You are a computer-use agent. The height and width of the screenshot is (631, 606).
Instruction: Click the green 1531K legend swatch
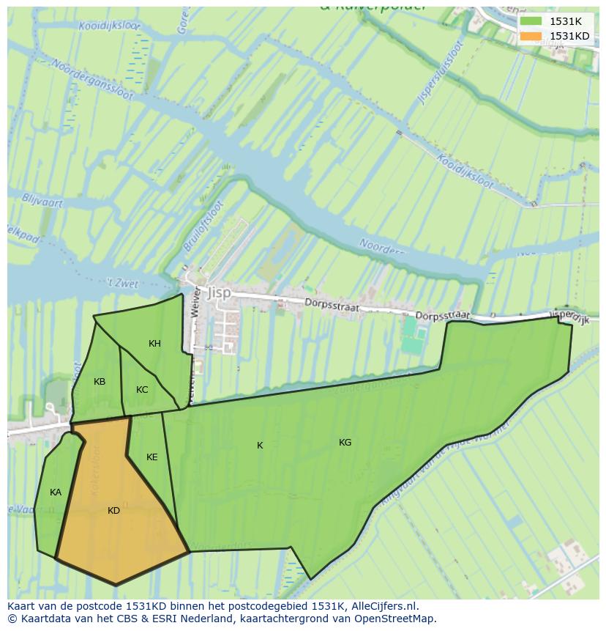[531, 21]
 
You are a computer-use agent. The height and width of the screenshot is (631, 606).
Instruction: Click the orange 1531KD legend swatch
[531, 36]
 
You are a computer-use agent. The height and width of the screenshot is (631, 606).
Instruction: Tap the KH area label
[154, 344]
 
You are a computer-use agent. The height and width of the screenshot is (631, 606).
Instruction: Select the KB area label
[100, 382]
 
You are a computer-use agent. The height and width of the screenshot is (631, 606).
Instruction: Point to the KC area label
[142, 390]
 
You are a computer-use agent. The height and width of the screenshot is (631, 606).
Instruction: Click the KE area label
[151, 457]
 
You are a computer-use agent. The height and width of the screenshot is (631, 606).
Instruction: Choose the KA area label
[56, 492]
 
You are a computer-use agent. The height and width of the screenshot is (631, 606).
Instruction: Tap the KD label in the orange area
[113, 511]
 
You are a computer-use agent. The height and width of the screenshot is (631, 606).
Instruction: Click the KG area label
[345, 443]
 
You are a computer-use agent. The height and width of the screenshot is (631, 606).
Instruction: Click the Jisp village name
[219, 292]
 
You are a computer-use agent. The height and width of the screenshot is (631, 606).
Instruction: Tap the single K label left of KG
[260, 446]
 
